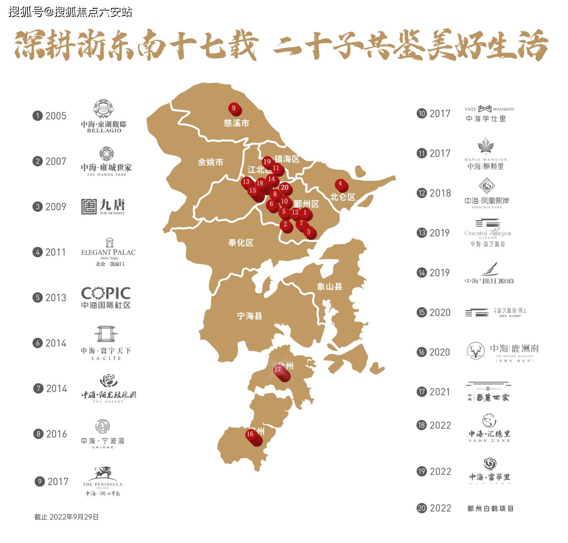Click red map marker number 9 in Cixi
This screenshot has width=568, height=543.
234,108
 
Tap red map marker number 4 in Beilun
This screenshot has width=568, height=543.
340,184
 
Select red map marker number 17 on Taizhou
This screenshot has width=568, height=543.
278,370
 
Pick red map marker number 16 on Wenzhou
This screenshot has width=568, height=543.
250,434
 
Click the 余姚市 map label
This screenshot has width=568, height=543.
210,162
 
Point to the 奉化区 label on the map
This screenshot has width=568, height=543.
241,243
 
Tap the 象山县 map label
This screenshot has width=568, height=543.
329,287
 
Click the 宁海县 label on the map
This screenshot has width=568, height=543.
249,316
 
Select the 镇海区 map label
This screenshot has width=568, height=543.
287,159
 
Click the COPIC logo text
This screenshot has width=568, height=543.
106,293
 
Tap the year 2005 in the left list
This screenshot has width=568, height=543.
56,116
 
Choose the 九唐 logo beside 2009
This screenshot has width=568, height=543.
103,206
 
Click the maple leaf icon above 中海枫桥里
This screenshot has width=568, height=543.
485,146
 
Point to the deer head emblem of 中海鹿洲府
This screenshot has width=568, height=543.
476,350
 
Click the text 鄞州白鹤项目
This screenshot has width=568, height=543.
490,509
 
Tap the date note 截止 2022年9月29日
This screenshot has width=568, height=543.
66,517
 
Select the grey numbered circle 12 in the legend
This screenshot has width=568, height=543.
421,193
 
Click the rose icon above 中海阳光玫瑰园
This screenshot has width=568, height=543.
109,381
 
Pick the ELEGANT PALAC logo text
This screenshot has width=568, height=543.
108,252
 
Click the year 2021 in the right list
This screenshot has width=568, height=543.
439,392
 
